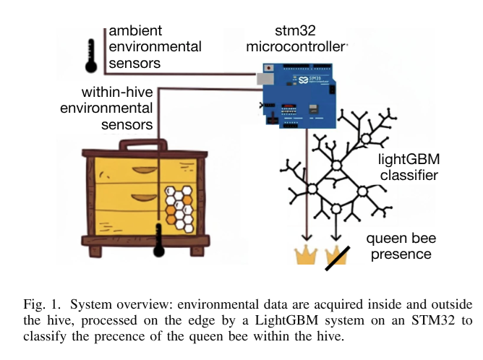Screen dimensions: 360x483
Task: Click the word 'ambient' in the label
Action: point(136,32)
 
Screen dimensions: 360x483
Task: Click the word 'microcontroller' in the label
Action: point(297,48)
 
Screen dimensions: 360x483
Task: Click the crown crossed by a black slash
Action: point(337,255)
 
